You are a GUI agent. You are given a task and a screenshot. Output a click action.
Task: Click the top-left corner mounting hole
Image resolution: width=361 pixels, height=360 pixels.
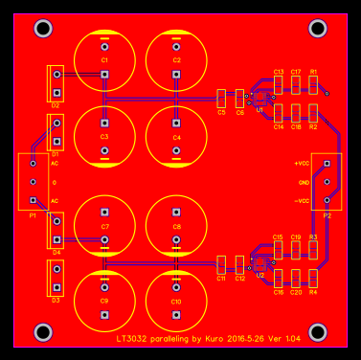tap(43, 29)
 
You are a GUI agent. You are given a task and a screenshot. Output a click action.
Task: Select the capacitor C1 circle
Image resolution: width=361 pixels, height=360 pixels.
tap(104, 61)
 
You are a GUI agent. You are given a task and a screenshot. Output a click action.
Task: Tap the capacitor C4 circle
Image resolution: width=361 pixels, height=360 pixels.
tap(177, 137)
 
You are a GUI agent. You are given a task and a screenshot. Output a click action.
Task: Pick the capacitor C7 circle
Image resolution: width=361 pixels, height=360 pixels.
tap(104, 226)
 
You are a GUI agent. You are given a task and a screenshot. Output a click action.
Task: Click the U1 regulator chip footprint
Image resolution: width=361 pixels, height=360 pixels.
tap(259, 99)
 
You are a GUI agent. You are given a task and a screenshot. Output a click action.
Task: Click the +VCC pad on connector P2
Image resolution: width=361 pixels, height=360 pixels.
tap(327, 164)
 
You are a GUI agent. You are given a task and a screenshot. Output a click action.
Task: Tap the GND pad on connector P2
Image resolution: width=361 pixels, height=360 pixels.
tap(327, 182)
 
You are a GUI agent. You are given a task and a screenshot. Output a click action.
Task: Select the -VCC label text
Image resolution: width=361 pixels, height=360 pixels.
tap(302, 201)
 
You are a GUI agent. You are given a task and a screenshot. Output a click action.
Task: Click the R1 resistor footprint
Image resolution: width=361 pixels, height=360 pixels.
tap(314, 85)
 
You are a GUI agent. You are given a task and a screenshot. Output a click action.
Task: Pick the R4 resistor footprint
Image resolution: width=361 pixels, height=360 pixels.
tap(314, 279)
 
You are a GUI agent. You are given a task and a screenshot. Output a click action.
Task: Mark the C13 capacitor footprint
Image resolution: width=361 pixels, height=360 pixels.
tap(279, 85)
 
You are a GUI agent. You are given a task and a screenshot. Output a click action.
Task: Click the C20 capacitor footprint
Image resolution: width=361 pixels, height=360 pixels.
tap(297, 279)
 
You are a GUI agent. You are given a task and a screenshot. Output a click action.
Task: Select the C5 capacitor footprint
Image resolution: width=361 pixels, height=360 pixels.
tap(222, 99)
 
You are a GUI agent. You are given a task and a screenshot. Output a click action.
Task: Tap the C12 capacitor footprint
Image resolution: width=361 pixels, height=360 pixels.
tap(240, 264)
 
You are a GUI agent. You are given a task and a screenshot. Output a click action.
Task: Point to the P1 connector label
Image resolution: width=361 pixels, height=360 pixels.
tap(33, 216)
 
